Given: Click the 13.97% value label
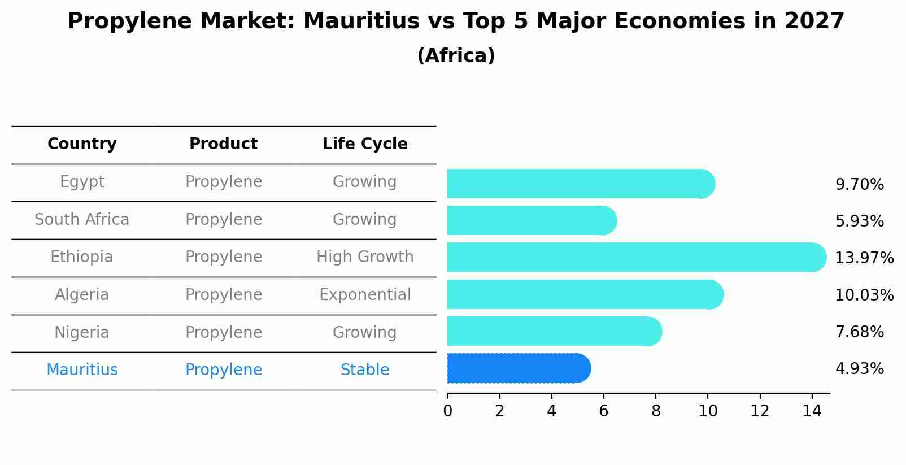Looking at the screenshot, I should (x=864, y=258).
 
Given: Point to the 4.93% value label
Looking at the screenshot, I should (x=859, y=369).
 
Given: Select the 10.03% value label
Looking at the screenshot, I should (x=864, y=295).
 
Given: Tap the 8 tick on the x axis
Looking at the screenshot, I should (x=656, y=411).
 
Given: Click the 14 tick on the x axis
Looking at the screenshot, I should (x=812, y=411).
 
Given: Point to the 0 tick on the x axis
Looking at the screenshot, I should (x=447, y=411).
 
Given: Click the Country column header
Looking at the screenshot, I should (x=82, y=144).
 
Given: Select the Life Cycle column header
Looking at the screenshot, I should (x=365, y=144).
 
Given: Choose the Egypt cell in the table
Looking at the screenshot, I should (x=82, y=182).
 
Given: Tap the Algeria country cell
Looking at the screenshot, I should (x=82, y=295).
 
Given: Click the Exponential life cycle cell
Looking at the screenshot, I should (x=365, y=295).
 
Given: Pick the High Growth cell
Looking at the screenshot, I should (x=365, y=257).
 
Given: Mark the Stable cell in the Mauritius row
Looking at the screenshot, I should (x=365, y=370).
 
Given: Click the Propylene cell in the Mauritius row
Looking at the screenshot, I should (x=224, y=370).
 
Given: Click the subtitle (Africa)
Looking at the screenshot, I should (x=456, y=56).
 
